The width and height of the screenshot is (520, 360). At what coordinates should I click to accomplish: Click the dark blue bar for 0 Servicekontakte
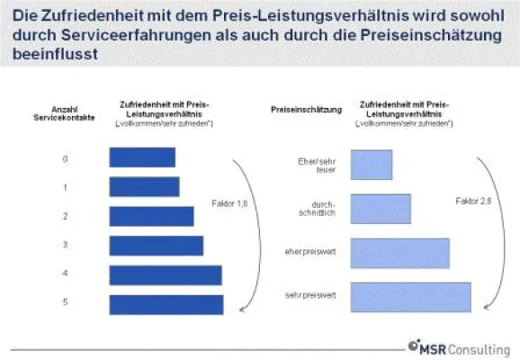click(x=141, y=157)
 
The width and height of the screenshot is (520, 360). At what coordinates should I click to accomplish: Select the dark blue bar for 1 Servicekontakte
click(x=143, y=186)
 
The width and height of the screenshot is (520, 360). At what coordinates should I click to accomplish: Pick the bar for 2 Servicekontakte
click(x=151, y=216)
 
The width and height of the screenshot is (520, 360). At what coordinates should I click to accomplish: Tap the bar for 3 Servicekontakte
click(x=156, y=245)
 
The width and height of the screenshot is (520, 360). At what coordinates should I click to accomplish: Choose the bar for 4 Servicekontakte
click(x=165, y=274)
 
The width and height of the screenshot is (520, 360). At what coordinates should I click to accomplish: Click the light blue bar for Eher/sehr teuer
click(x=371, y=165)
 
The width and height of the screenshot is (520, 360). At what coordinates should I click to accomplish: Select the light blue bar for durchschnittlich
click(x=381, y=209)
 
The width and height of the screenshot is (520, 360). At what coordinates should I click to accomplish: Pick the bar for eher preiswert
click(x=399, y=252)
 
